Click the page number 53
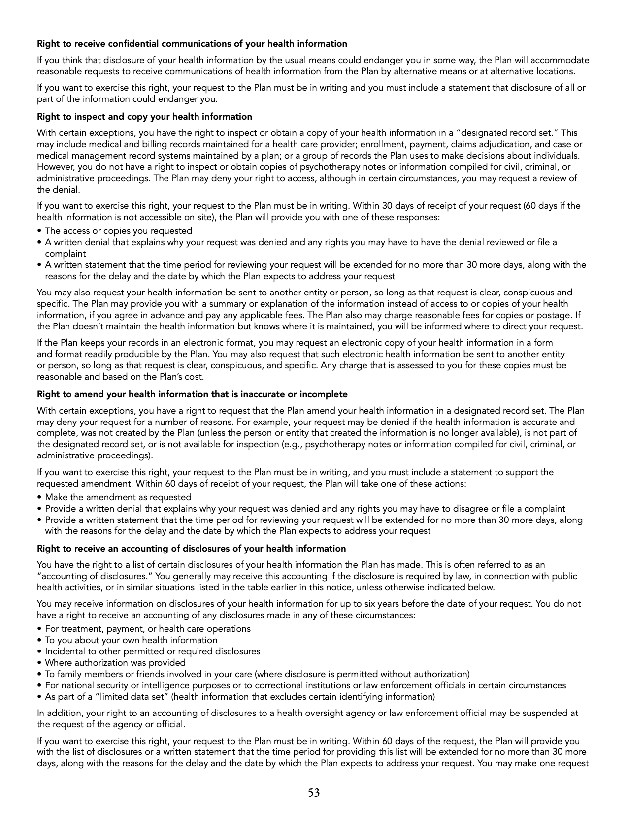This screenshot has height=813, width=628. (x=314, y=793)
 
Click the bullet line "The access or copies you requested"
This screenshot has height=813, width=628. (x=118, y=231)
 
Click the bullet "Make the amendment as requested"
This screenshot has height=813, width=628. (x=118, y=497)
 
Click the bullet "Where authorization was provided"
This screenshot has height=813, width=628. (x=115, y=663)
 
